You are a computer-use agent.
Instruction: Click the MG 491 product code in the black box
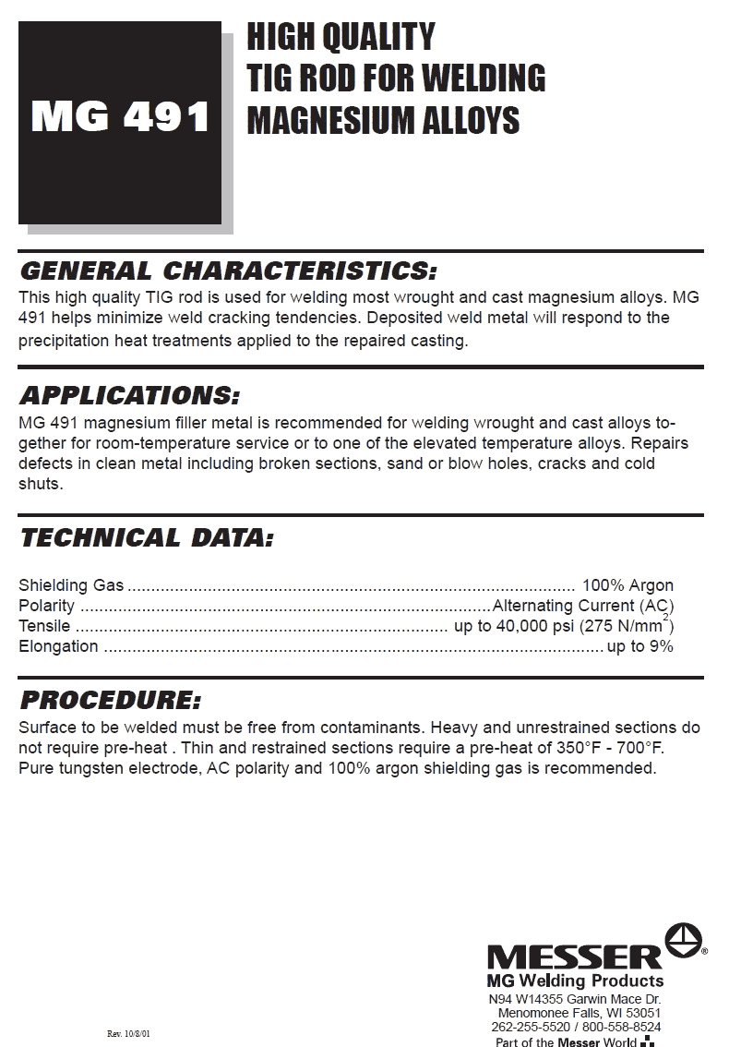(x=120, y=118)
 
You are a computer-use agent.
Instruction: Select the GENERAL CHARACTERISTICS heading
(x=227, y=271)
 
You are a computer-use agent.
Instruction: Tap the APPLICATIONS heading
(x=129, y=397)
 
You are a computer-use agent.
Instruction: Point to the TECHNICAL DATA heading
(x=146, y=537)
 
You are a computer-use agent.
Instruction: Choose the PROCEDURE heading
(x=110, y=700)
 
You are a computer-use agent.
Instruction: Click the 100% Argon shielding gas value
(x=627, y=585)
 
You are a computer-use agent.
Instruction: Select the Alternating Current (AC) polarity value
(x=583, y=606)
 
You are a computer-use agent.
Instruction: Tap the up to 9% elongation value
(x=639, y=646)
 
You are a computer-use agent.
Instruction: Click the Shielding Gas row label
(x=71, y=585)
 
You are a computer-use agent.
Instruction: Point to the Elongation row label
(x=58, y=646)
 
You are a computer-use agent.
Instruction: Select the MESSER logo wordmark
(x=574, y=957)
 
